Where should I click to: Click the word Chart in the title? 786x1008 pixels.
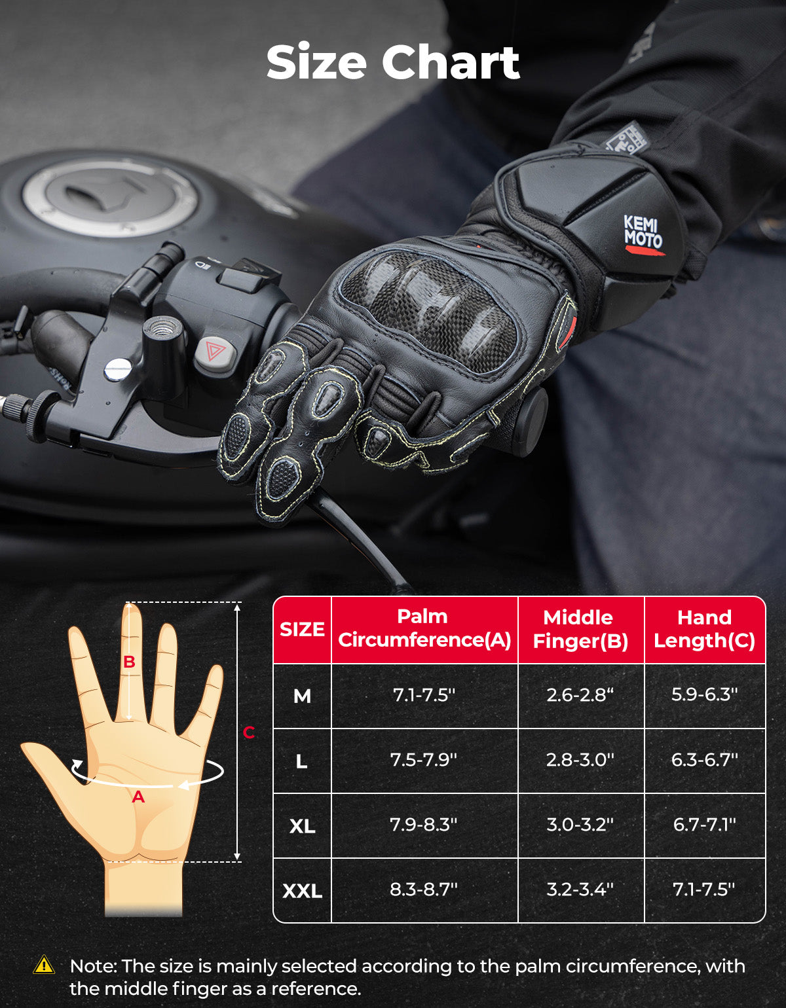(x=451, y=63)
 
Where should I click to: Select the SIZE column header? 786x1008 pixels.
(x=302, y=629)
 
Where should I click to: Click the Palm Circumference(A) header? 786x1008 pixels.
(x=424, y=628)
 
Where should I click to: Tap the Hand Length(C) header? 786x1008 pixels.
(x=704, y=629)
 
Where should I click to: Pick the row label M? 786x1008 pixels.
(x=302, y=696)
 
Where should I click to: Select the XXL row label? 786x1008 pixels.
(x=302, y=891)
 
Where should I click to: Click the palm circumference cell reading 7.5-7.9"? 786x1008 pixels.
(x=424, y=760)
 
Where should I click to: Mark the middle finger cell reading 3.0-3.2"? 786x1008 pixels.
(x=580, y=825)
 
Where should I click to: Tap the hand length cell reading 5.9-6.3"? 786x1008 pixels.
(x=704, y=694)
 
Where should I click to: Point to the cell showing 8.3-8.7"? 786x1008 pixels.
(x=424, y=890)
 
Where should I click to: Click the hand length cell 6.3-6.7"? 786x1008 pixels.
(x=704, y=760)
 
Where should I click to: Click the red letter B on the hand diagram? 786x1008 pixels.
(x=129, y=662)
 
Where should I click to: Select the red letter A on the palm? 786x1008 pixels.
(x=138, y=797)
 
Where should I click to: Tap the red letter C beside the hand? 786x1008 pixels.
(x=249, y=732)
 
